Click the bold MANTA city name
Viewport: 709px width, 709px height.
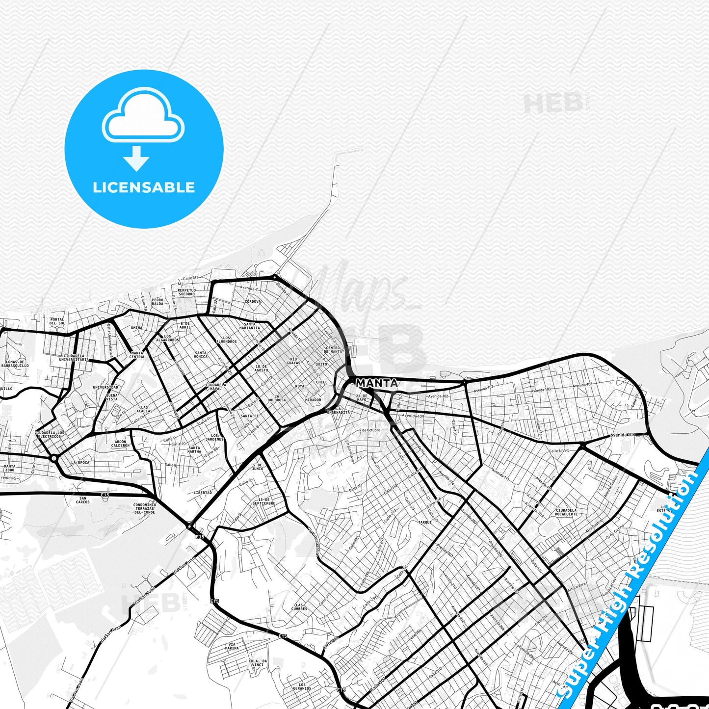(376, 383)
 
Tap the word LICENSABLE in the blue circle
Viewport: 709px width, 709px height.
(144, 187)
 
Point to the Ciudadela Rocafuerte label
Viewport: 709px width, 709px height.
(566, 512)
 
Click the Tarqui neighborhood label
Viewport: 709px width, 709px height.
(425, 522)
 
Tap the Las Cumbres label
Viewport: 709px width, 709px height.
(299, 607)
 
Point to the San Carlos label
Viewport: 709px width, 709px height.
(83, 500)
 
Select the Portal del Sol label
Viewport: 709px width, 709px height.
(57, 321)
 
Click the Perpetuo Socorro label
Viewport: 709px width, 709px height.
(186, 292)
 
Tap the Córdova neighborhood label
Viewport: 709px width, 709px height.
(253, 301)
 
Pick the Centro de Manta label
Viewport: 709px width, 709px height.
(334, 350)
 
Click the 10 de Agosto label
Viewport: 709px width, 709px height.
(262, 368)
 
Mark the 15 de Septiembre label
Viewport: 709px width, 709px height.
(264, 501)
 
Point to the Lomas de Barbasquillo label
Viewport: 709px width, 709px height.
(15, 364)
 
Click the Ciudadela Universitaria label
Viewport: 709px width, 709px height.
(74, 358)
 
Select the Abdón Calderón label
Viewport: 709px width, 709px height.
(120, 444)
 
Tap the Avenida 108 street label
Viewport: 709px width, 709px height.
(623, 435)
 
